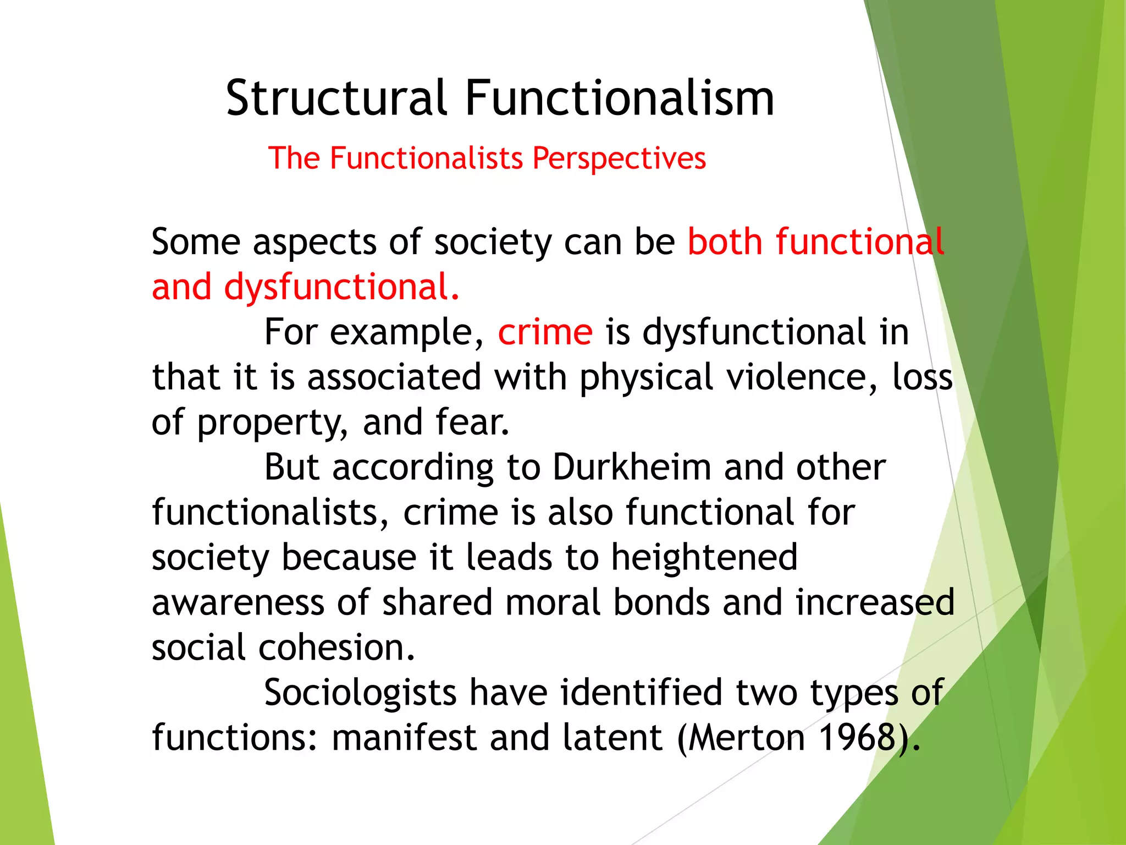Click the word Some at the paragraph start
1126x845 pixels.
(x=196, y=242)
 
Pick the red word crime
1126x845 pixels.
(x=545, y=332)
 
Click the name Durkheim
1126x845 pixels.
(x=631, y=468)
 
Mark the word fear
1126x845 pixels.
(x=472, y=422)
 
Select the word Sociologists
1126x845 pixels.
(x=360, y=693)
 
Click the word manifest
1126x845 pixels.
(x=404, y=738)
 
